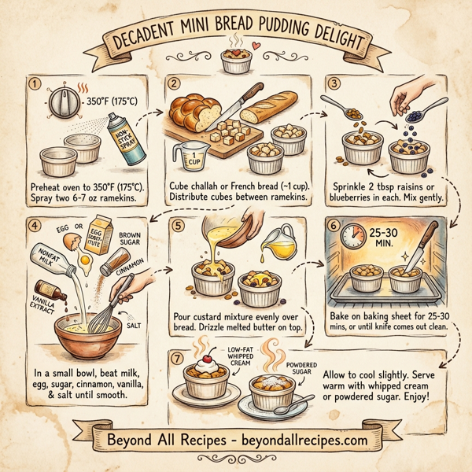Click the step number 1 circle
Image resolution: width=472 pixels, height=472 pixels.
coord(33,83)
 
